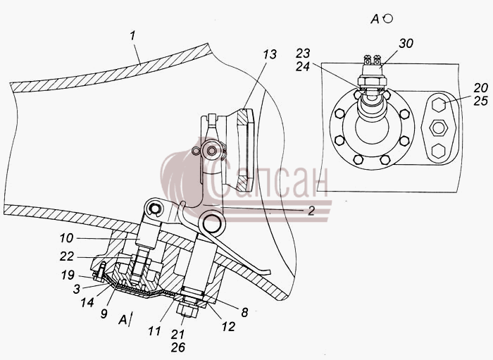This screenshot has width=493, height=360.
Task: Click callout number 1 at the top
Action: [133, 36]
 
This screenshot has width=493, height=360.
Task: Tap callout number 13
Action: [270, 54]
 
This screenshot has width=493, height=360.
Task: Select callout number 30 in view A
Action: [406, 44]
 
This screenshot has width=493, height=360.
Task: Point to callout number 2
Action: [311, 211]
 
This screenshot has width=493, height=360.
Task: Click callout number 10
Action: [67, 238]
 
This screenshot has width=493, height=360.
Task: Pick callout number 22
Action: [67, 257]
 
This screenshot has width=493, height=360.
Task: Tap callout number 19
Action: [68, 275]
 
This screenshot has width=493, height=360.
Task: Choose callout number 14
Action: [87, 302]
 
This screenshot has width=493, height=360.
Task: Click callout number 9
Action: [104, 314]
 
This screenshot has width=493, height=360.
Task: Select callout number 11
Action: [154, 330]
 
